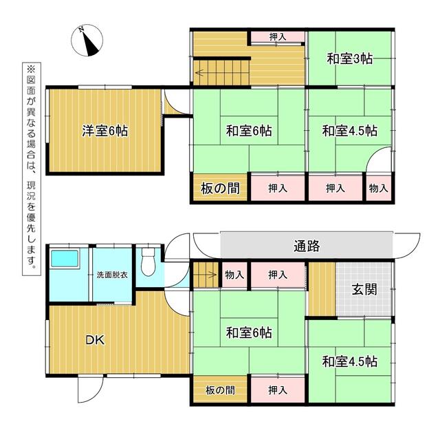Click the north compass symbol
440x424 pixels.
pyautogui.click(x=87, y=40)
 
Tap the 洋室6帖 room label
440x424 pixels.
pyautogui.click(x=105, y=131)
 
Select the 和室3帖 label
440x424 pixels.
pyautogui.click(x=350, y=59)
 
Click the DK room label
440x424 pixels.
pyautogui.click(x=95, y=340)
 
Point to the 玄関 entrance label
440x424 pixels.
pyautogui.click(x=364, y=289)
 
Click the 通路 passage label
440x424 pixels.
pyautogui.click(x=307, y=246)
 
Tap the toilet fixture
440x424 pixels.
pyautogui.click(x=148, y=262)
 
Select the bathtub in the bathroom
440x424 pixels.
pyautogui.click(x=65, y=259)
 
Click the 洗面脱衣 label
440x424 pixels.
pyautogui.click(x=112, y=275)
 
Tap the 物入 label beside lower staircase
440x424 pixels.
pyautogui.click(x=234, y=275)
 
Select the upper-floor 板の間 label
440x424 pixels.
pyautogui.click(x=220, y=189)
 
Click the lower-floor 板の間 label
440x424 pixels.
pyautogui.click(x=220, y=390)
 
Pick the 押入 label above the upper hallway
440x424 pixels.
pyautogui.click(x=278, y=36)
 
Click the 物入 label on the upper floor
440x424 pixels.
pyautogui.click(x=379, y=188)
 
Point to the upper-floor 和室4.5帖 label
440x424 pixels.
pyautogui.click(x=350, y=131)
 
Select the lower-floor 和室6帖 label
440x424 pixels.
pyautogui.click(x=249, y=332)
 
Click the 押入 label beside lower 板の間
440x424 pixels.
pyautogui.click(x=278, y=390)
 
